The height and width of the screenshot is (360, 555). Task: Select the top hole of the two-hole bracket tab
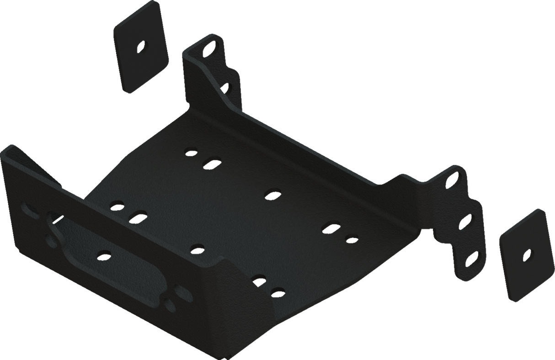click(211, 48)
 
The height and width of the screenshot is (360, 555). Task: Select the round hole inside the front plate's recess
click(104, 253)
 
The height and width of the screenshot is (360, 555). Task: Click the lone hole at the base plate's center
click(272, 194)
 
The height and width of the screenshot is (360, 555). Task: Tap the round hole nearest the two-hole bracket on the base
click(191, 151)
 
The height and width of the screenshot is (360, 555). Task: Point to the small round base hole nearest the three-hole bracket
click(351, 238)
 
